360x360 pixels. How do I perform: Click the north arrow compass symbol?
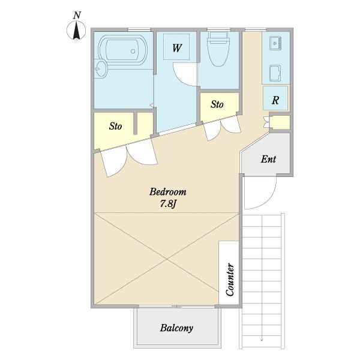pos(76,31)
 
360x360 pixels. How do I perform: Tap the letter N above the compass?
pos(77,16)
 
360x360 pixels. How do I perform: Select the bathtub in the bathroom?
pos(123,50)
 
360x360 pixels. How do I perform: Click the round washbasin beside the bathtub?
pos(101,68)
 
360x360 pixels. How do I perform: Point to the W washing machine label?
pos(177,48)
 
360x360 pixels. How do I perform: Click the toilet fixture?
pos(218,49)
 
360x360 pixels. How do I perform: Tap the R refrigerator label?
pos(275,100)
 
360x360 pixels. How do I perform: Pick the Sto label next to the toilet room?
pos(217,104)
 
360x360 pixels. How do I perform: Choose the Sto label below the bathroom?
pos(115,126)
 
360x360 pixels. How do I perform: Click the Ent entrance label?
pos(268,159)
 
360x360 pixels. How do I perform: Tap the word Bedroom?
pos(168,192)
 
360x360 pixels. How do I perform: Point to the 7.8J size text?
pos(168,204)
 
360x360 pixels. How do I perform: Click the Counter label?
pos(230,280)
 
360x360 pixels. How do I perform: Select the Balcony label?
pos(176,328)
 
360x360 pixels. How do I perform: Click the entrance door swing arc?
pos(268,203)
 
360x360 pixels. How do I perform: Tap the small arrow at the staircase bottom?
pos(262,340)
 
